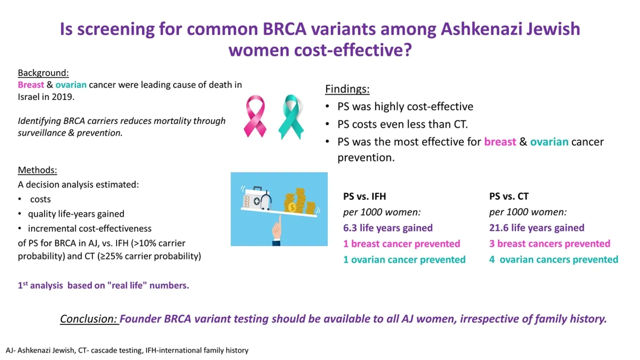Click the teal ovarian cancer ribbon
291,117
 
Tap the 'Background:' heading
43,73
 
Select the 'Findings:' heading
347,89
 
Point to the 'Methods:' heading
37,170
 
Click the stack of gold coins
299,201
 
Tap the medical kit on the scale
256,198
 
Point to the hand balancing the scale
277,230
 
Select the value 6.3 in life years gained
349,228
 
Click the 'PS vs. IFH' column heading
364,196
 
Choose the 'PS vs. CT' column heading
509,196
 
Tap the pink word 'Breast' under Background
31,85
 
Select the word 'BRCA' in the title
284,29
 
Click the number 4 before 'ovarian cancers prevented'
491,259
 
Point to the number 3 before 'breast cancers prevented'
491,243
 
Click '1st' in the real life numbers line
23,285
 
